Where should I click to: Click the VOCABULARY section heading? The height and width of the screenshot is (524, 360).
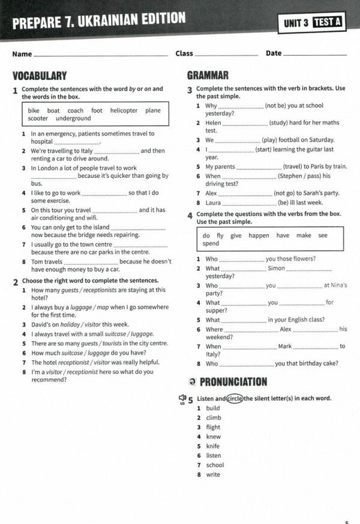click(x=40, y=76)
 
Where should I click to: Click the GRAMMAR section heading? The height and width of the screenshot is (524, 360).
click(x=208, y=75)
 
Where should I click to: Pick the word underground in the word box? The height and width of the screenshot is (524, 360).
click(x=73, y=119)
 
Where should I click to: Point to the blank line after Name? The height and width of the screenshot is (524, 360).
click(x=101, y=55)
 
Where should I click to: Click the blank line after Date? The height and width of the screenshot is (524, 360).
click(x=314, y=54)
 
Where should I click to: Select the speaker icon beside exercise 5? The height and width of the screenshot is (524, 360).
click(x=181, y=399)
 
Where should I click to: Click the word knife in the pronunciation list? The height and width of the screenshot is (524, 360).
click(x=212, y=446)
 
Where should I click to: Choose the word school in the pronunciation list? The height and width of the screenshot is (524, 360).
click(x=215, y=465)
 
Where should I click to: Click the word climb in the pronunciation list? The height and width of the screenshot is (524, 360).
click(x=213, y=418)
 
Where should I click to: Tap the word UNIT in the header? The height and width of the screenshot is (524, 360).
click(x=296, y=23)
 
